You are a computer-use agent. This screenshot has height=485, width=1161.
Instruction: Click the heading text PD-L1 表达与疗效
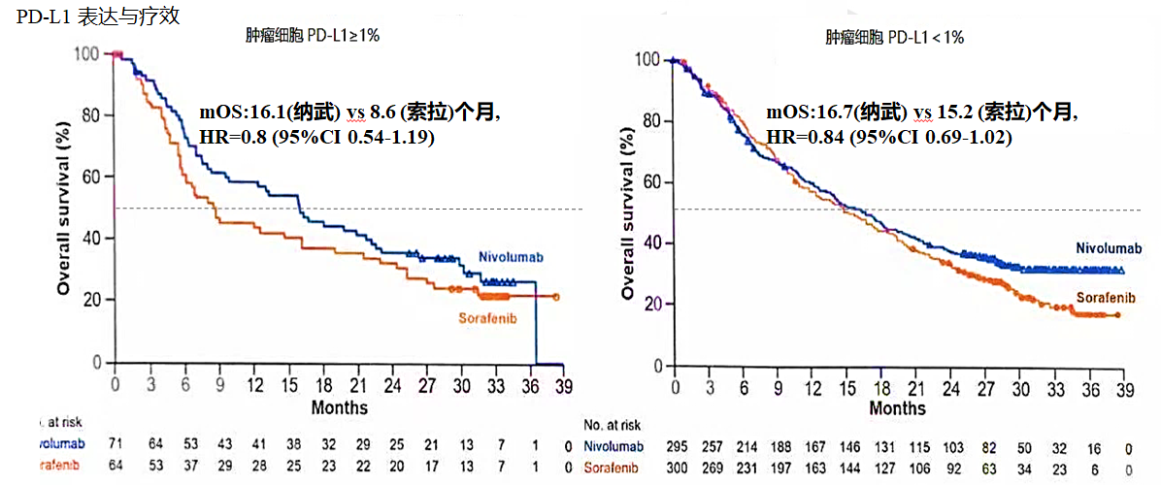97,17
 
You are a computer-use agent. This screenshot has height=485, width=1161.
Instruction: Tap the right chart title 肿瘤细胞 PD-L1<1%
894,38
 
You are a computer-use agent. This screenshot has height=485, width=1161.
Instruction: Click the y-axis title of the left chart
64,208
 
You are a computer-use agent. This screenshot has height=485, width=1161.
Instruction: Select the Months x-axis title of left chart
340,406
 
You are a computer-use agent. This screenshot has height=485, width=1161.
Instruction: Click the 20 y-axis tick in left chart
91,300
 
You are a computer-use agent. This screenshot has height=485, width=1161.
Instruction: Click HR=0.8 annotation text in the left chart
316,138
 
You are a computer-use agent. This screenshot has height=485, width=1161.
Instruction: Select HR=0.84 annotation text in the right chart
889,138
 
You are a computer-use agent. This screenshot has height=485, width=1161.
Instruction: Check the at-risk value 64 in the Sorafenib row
117,465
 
